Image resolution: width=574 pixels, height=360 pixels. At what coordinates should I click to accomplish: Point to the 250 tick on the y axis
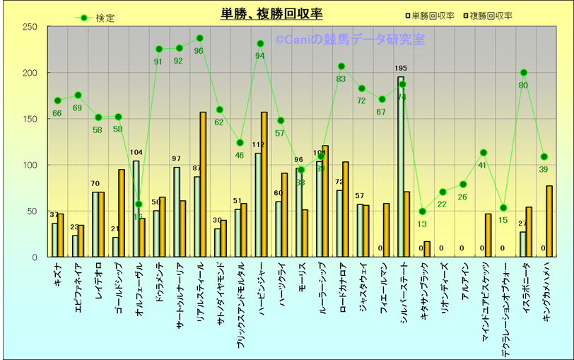point(30,27)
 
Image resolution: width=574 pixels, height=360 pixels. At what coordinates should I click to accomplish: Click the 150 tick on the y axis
point(30,119)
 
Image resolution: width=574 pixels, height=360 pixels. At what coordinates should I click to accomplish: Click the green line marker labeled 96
point(199,38)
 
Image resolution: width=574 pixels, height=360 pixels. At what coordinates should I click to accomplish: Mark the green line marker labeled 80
point(524,73)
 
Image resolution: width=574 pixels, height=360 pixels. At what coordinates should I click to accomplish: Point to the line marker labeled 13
point(423,211)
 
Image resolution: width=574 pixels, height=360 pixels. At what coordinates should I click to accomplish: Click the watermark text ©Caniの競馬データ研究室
point(350,40)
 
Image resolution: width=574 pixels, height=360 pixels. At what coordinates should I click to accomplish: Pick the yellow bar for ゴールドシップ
point(122,213)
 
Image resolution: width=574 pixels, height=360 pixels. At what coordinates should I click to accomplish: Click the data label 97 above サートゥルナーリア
point(177,159)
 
